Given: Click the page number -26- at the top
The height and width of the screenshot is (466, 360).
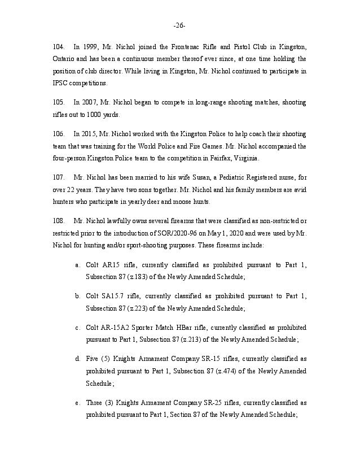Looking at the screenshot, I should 180,26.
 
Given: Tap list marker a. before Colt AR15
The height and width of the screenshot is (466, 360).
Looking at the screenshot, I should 77,264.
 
